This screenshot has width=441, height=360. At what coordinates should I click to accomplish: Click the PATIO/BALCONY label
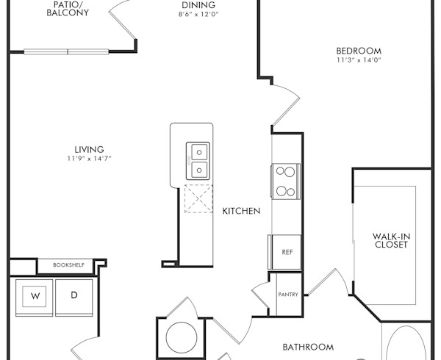tap(71, 8)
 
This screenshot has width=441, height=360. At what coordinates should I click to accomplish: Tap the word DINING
tap(198, 5)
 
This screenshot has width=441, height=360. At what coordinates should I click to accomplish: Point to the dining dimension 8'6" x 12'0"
tap(198, 15)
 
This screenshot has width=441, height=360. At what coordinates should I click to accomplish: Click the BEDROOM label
tap(359, 51)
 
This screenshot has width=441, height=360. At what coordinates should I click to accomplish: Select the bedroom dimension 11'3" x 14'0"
tap(359, 60)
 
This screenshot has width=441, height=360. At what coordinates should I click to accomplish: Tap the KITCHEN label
tap(241, 211)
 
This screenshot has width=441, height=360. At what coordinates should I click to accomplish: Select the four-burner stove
tap(285, 181)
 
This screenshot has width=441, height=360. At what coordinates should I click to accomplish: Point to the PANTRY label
tap(287, 295)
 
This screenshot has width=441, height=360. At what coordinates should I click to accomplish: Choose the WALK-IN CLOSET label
tap(390, 240)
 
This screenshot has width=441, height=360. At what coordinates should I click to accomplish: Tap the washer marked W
tap(35, 296)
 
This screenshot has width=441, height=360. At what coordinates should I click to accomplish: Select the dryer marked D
tap(74, 296)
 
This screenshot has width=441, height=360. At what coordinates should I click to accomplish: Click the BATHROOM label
tap(309, 347)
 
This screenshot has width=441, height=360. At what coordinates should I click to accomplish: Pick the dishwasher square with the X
tap(198, 198)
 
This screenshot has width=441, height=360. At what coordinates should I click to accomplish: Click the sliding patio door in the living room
tap(68, 51)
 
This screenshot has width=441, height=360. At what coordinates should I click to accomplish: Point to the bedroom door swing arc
tap(287, 103)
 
